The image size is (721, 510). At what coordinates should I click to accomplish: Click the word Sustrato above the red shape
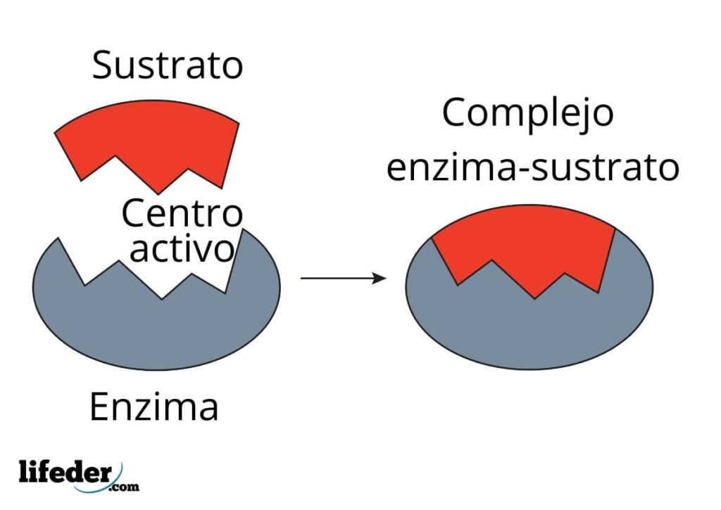[x=168, y=65]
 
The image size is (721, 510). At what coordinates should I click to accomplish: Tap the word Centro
[x=182, y=214]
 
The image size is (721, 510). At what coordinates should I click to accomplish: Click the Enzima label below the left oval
[x=154, y=407]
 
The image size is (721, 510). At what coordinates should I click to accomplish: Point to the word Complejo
[x=527, y=113]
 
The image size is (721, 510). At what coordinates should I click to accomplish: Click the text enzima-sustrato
[x=533, y=168]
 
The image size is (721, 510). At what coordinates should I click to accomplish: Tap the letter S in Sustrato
[x=104, y=65]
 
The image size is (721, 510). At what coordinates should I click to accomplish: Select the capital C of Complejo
[x=456, y=113]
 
